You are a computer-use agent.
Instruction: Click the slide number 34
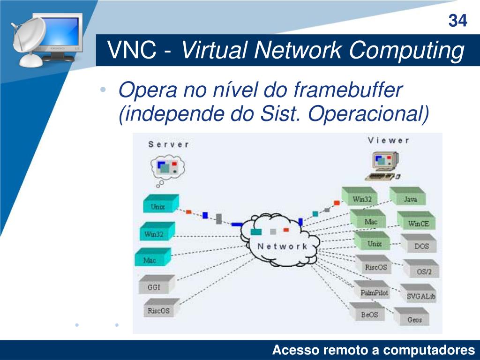(x=457, y=21)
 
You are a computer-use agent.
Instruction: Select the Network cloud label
(x=283, y=246)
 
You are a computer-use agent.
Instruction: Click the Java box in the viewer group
(x=410, y=199)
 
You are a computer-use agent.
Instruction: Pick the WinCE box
(x=418, y=223)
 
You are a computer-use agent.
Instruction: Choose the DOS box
(x=421, y=246)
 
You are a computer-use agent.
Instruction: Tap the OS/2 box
(x=424, y=271)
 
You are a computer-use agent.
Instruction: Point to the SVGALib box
(x=421, y=296)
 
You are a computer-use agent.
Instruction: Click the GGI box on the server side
(x=154, y=287)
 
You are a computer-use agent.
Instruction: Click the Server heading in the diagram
(x=168, y=144)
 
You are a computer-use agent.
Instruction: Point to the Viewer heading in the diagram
(x=388, y=140)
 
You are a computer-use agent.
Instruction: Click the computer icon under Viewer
(x=384, y=165)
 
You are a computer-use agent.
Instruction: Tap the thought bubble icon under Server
(x=166, y=169)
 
